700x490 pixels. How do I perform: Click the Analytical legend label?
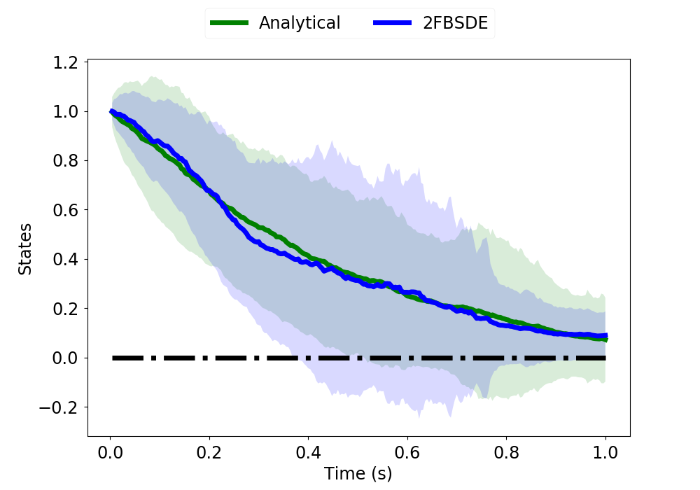(300, 23)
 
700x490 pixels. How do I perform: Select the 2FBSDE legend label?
(456, 23)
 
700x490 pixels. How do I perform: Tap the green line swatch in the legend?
(229, 23)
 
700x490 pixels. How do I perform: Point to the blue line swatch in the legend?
(393, 23)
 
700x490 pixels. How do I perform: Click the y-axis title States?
(24, 249)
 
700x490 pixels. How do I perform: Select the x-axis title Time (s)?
(358, 473)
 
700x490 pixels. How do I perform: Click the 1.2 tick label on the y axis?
(65, 62)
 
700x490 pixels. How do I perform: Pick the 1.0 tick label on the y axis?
(65, 111)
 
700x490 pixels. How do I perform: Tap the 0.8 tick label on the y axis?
(65, 161)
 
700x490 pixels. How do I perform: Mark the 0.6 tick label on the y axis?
(65, 210)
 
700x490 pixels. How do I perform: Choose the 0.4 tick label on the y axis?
(65, 259)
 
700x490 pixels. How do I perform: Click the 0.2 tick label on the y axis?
(65, 309)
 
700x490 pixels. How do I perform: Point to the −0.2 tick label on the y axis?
(58, 407)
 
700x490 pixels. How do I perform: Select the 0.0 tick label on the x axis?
(111, 452)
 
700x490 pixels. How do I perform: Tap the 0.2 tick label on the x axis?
(209, 452)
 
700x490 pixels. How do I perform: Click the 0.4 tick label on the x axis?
(309, 452)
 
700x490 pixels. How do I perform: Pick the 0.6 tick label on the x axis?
(407, 452)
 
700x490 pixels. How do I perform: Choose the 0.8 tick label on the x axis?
(507, 452)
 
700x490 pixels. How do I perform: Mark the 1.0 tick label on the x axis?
(605, 452)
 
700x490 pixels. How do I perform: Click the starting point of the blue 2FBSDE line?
(111, 111)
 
